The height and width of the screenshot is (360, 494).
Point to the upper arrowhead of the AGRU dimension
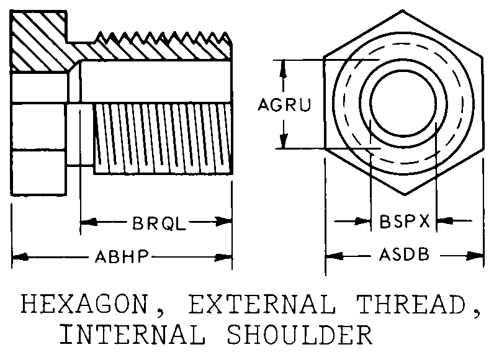(x=284, y=66)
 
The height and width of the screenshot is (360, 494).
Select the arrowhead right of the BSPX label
(x=442, y=220)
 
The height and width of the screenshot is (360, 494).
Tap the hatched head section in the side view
(x=39, y=40)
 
